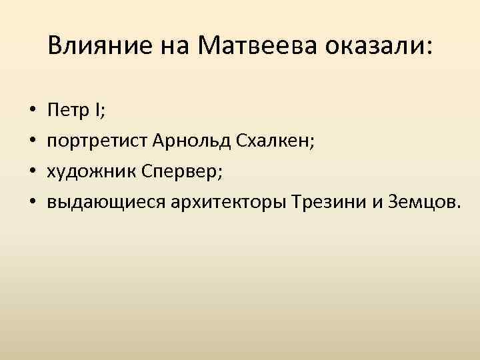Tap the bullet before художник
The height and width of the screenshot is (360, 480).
click(x=33, y=171)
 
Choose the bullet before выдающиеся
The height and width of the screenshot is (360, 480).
click(x=33, y=203)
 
